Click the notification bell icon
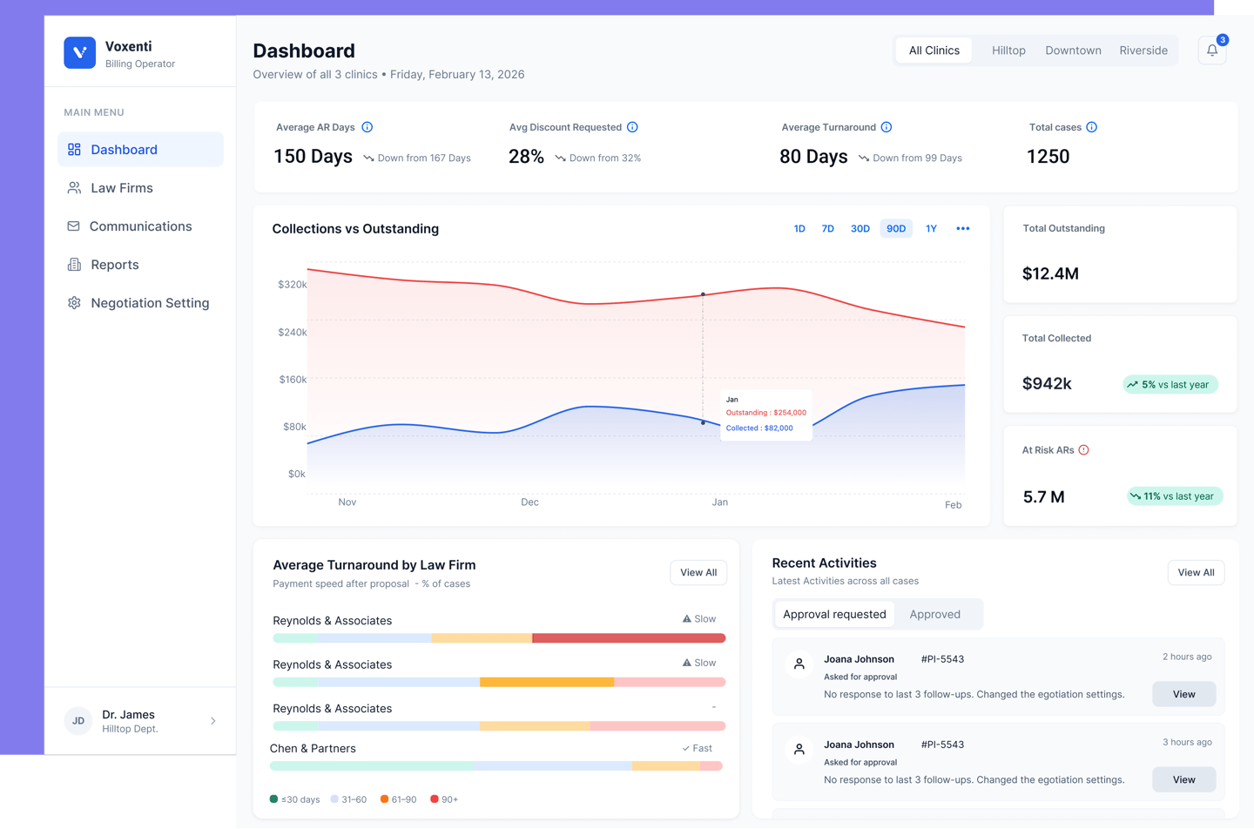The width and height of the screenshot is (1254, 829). pos(1211,51)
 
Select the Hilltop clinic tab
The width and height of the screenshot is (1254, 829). pos(1008,51)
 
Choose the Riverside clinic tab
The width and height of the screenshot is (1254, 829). pos(1143,51)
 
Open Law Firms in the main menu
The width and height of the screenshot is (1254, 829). pos(121,188)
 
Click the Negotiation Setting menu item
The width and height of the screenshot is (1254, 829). pos(149,303)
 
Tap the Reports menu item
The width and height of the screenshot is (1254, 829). pos(114,265)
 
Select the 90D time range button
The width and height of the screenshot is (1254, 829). pos(895,229)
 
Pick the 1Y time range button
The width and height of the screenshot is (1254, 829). pos(931,229)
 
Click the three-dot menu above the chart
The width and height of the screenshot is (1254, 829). pos(962,229)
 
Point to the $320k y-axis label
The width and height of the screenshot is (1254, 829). pos(292,285)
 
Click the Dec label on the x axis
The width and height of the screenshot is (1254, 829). pos(529,502)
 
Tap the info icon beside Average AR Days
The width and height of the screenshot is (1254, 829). pos(367,127)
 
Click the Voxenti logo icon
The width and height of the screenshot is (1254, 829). pos(79,53)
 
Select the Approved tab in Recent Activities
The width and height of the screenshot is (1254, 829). pos(934,614)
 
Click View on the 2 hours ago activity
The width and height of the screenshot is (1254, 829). pos(1183,694)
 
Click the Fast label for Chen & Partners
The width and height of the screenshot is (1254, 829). pos(698,748)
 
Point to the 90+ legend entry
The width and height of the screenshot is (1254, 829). pos(444,799)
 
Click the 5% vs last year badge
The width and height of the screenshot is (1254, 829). pos(1170,384)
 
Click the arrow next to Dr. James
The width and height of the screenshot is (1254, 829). pos(213,721)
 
